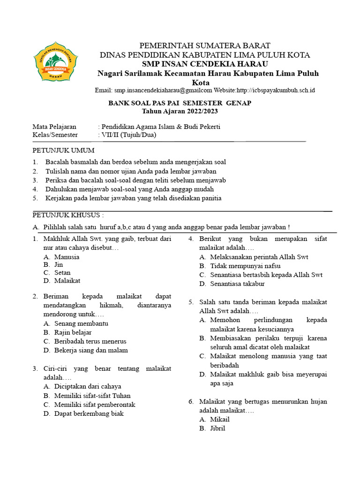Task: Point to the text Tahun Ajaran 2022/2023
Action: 180,112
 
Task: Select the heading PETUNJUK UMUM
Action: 63,150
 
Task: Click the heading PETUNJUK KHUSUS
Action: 67,215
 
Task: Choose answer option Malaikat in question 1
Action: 67,281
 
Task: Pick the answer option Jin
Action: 59,265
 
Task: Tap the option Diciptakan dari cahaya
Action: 88,387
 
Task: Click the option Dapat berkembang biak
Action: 89,414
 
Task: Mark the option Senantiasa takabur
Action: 237,284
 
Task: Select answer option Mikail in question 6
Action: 220,420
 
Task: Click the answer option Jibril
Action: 217,428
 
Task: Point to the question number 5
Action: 191,302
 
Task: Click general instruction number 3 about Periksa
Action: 135,180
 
